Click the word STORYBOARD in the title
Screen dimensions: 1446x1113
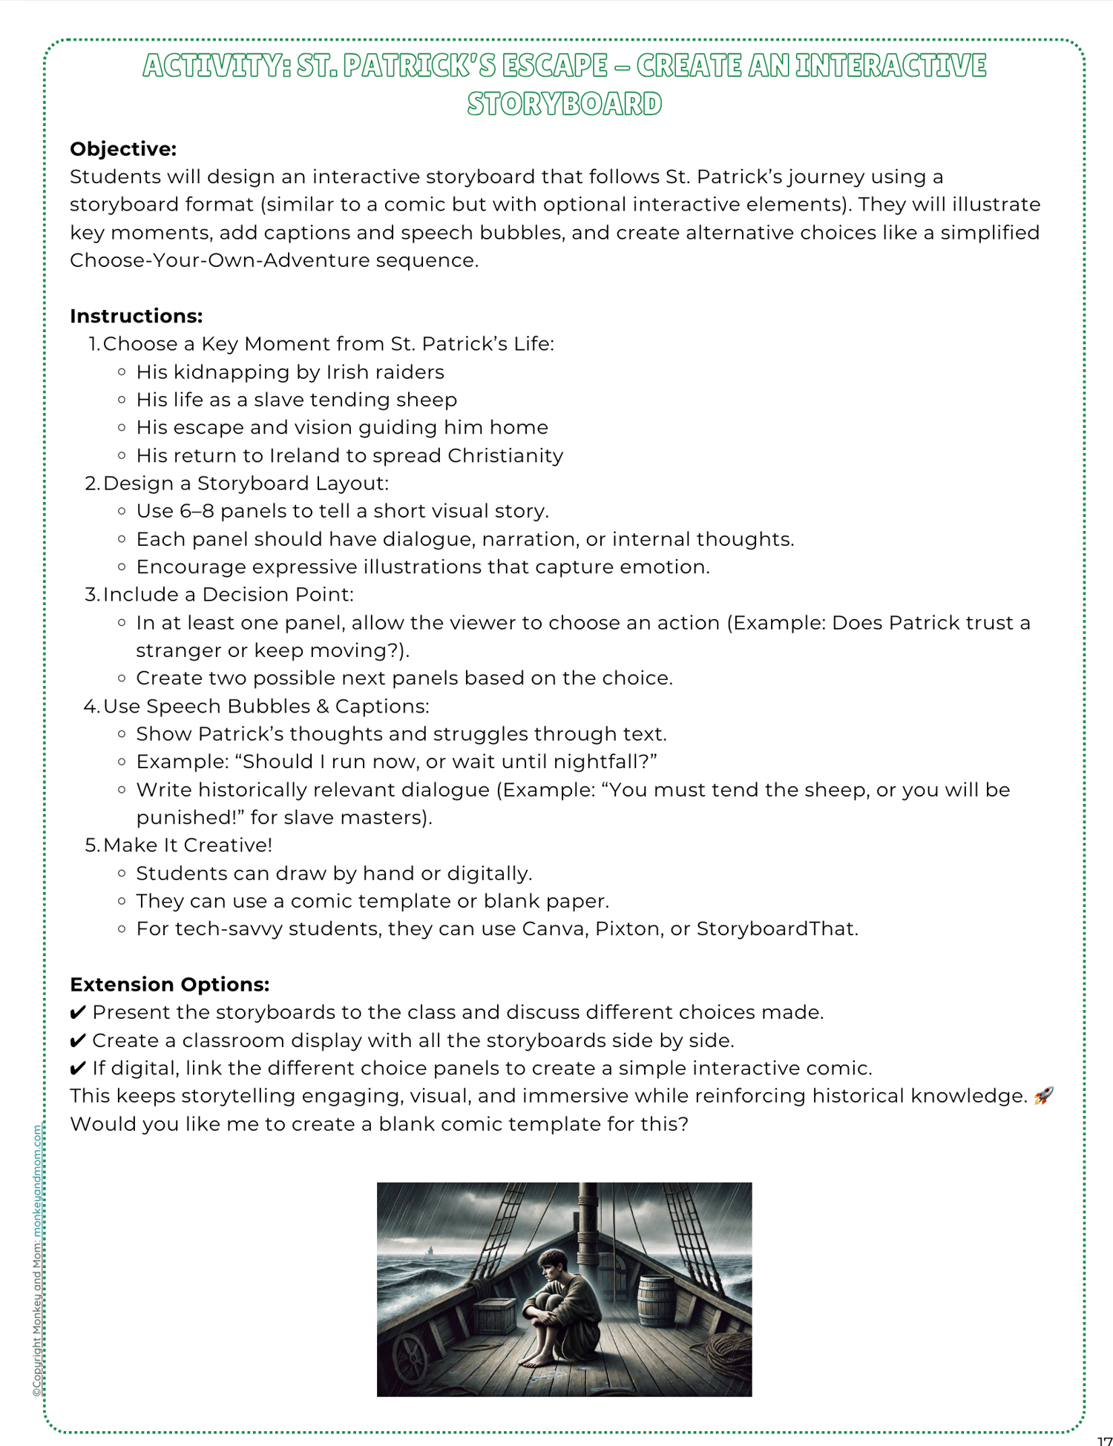pyautogui.click(x=564, y=104)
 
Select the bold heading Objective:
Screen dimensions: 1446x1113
pyautogui.click(x=123, y=149)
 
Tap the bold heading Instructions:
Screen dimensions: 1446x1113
pyautogui.click(x=136, y=316)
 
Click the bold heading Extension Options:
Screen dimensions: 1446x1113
pyautogui.click(x=169, y=984)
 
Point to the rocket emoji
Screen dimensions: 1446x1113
pyautogui.click(x=1043, y=1095)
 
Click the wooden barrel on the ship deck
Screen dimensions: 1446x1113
pyautogui.click(x=656, y=1301)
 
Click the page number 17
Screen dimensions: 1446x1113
pyautogui.click(x=1103, y=1440)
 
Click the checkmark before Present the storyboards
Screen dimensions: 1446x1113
pyautogui.click(x=78, y=1013)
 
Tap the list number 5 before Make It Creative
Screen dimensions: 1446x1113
pyautogui.click(x=91, y=845)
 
